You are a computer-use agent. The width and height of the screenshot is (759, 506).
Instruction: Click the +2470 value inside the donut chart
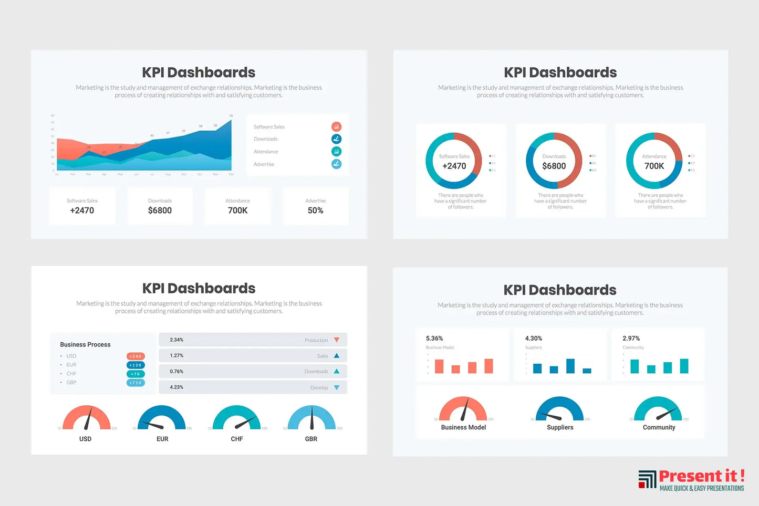pos(454,166)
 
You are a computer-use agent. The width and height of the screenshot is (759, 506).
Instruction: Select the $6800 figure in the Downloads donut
pos(554,166)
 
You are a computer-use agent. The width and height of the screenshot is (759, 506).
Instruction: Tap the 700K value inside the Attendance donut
pos(654,166)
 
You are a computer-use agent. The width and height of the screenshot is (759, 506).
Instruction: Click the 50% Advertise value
pos(315,210)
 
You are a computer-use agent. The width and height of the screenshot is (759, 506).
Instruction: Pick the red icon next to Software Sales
pos(336,126)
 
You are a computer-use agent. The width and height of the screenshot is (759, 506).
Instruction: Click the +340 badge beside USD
pos(136,356)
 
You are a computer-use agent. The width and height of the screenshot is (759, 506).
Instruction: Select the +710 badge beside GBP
pos(136,383)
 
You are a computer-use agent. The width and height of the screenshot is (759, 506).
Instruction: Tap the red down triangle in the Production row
pos(337,340)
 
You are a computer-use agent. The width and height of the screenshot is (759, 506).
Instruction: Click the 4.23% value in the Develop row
pos(176,387)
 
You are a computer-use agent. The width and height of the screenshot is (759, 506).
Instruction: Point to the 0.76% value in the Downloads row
pos(176,372)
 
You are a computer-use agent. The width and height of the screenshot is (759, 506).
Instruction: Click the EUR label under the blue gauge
pos(162,439)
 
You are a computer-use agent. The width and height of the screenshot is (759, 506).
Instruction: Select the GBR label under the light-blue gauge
pos(311,439)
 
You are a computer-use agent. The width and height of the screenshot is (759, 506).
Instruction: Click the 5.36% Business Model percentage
pos(434,339)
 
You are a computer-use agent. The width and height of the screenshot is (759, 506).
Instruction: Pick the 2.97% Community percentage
pos(631,339)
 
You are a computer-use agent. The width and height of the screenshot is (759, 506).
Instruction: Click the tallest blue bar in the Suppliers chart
pos(570,366)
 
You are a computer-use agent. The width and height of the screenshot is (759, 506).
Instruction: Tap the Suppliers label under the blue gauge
pos(560,427)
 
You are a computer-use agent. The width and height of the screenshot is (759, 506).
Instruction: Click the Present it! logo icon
pos(647,479)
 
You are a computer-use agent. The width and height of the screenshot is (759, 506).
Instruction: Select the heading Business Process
pos(85,345)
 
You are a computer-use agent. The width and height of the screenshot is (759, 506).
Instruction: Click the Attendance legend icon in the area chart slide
pos(336,151)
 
